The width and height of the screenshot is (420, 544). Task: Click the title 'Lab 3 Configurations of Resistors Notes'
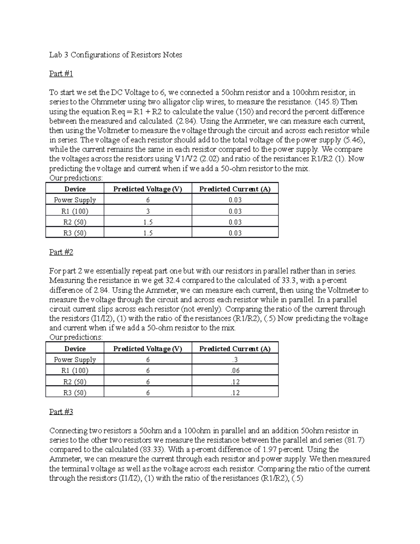(115, 55)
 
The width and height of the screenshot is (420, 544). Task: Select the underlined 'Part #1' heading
(61, 74)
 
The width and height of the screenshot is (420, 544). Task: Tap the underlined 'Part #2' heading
(61, 252)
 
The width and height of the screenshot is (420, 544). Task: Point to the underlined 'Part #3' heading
(61, 412)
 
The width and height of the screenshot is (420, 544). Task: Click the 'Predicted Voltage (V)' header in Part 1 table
(148, 189)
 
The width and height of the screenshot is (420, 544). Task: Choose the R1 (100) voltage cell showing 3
(148, 211)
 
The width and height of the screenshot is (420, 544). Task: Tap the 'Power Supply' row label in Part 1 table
(75, 200)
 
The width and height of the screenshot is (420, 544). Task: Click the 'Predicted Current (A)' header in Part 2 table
(235, 349)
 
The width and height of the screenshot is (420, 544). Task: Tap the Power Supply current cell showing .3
(235, 360)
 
